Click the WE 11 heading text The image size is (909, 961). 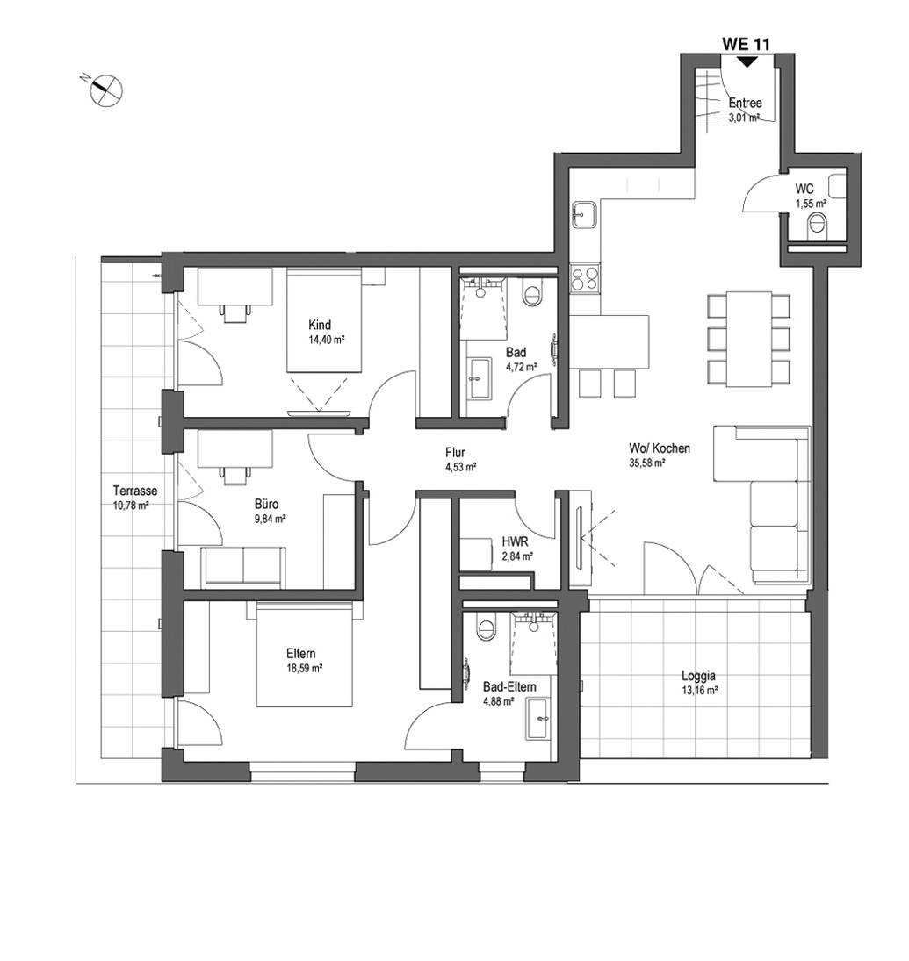pos(746,44)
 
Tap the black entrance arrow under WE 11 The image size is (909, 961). pos(747,62)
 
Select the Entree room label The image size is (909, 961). pos(746,103)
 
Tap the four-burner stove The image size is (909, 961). pos(585,278)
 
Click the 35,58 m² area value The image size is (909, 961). pos(647,463)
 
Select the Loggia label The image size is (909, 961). pos(698,676)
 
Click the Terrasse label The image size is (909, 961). pos(135,491)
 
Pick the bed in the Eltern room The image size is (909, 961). pos(305,654)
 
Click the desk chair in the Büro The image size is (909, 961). pos(235,474)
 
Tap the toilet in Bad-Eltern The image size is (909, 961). pos(487,627)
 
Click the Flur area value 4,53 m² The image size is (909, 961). pos(461,467)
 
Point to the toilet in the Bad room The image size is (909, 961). pos(531,291)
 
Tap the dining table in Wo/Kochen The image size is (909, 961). pos(749,339)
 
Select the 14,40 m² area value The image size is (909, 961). pos(327,340)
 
